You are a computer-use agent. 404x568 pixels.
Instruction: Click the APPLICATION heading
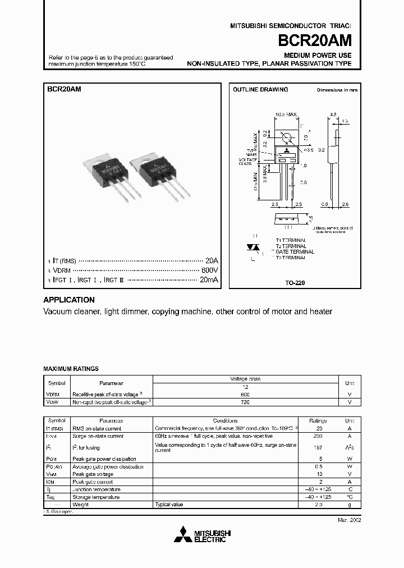coord(69,300)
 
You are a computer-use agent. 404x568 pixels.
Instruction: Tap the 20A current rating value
coord(210,261)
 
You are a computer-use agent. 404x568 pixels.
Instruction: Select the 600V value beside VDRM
coord(209,270)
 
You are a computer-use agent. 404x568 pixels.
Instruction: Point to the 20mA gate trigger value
coord(208,279)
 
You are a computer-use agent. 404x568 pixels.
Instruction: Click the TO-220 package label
coord(295,283)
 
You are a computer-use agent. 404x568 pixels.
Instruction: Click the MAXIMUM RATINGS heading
coord(71,369)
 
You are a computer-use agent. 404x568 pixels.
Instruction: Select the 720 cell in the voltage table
coord(245,402)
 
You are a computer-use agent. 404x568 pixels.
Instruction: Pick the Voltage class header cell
coord(245,379)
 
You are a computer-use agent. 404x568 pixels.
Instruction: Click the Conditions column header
coord(226,420)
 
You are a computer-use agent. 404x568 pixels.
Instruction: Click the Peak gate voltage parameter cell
coord(93,474)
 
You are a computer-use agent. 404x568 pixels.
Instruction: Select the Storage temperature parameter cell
coord(95,497)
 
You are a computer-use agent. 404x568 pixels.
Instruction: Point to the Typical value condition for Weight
coord(169,505)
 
